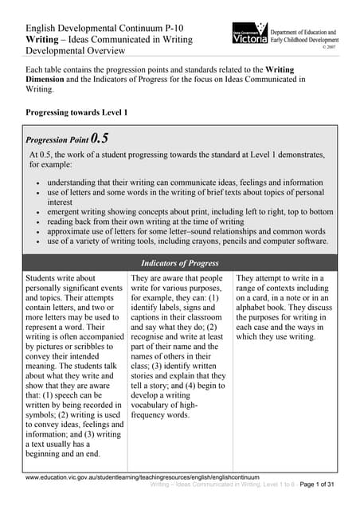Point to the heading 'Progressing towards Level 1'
tap(76, 112)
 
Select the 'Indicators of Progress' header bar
tap(180, 261)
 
